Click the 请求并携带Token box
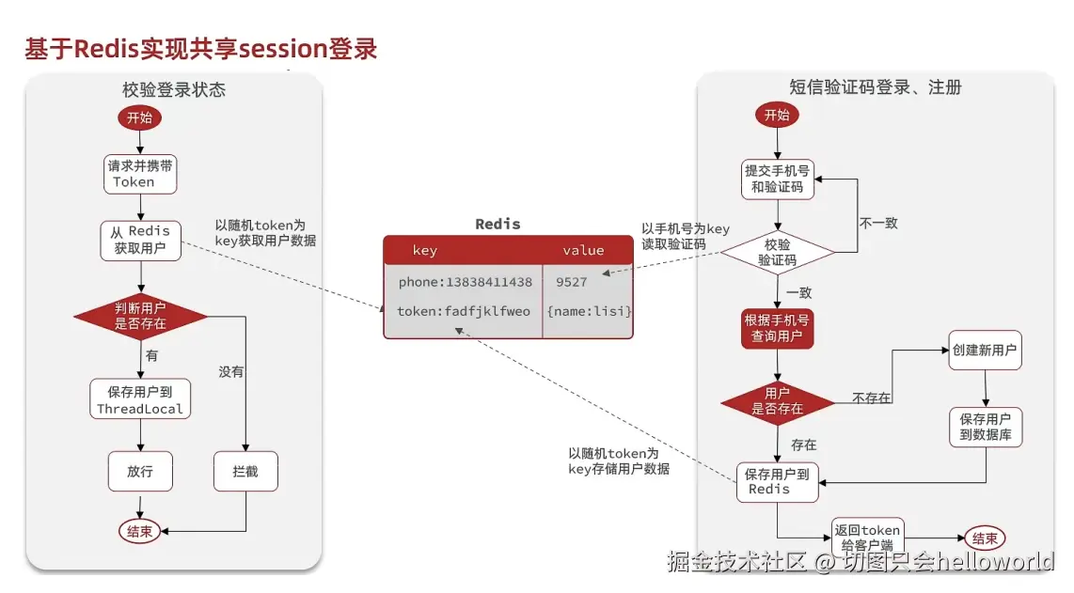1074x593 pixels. tap(140, 174)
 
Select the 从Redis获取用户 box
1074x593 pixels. tap(140, 241)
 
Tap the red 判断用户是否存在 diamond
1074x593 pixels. tap(140, 316)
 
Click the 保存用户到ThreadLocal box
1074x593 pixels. tap(140, 398)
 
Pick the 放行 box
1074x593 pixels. tap(140, 471)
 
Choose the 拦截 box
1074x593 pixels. tap(245, 471)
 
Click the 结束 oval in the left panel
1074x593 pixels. tap(140, 531)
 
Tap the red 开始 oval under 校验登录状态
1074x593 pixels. tap(140, 117)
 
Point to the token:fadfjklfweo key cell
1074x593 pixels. tap(463, 312)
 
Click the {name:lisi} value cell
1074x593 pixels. tap(588, 312)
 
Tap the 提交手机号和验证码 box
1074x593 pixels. tap(778, 179)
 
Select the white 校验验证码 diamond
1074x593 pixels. tap(778, 253)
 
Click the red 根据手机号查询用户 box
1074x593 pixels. tap(778, 329)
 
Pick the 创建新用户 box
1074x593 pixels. tap(985, 351)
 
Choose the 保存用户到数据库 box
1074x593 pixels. tap(986, 428)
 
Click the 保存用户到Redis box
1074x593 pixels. tap(778, 482)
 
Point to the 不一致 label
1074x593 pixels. tap(878, 224)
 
